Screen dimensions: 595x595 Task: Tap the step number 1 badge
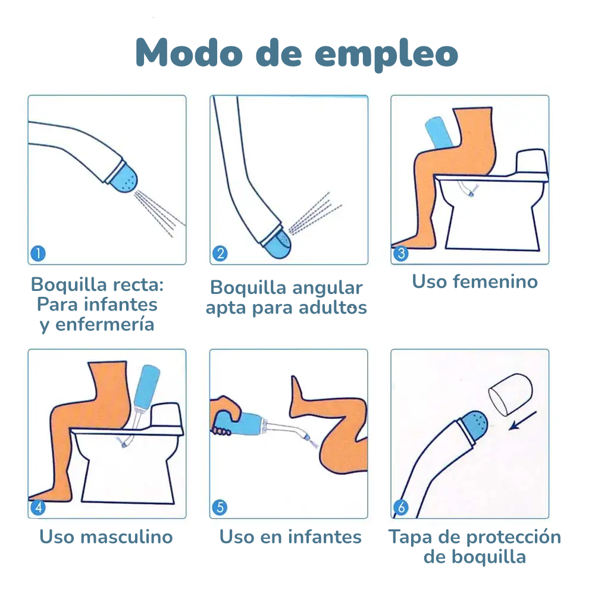point(37,254)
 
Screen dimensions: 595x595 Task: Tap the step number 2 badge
point(220,254)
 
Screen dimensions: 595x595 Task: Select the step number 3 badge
point(400,254)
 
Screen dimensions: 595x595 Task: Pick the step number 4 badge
point(37,508)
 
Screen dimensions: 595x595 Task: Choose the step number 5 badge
point(220,508)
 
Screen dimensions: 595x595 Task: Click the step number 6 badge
point(400,508)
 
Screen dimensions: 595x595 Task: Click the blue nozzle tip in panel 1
point(124,177)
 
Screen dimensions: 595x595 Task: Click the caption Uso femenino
point(474,281)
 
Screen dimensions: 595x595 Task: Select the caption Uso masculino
point(106,537)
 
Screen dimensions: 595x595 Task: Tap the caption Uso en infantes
point(290,537)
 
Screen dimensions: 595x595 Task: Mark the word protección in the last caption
point(513,537)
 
